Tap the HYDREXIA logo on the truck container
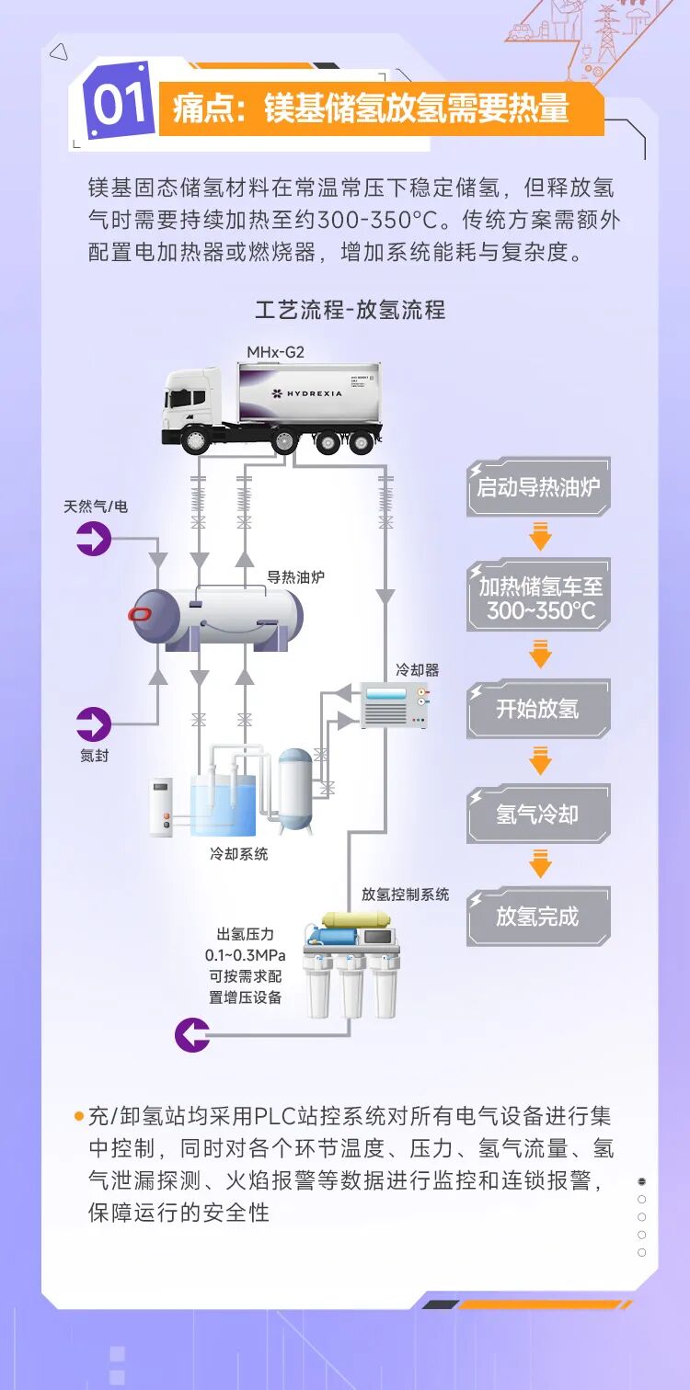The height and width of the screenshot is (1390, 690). (306, 393)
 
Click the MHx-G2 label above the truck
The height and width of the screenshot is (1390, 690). (275, 352)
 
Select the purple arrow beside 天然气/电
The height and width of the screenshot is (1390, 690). (94, 538)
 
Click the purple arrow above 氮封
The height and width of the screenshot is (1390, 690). (94, 723)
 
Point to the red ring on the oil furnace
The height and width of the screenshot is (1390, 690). (140, 614)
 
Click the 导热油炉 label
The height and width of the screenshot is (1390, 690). (295, 577)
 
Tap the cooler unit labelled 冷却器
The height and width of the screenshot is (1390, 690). (395, 705)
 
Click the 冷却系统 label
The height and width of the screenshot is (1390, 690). (239, 854)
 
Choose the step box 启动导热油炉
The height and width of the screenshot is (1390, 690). (538, 487)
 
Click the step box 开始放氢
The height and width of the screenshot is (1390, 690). (538, 709)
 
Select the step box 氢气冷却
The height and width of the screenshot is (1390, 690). (538, 814)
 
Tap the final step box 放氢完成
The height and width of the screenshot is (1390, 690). (538, 917)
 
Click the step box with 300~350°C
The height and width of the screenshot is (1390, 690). (538, 598)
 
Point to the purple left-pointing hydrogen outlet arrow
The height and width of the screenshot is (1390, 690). (192, 1034)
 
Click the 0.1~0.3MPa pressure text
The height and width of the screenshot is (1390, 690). (245, 955)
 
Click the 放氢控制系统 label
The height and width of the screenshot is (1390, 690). (405, 894)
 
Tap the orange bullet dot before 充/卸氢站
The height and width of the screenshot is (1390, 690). (79, 1116)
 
